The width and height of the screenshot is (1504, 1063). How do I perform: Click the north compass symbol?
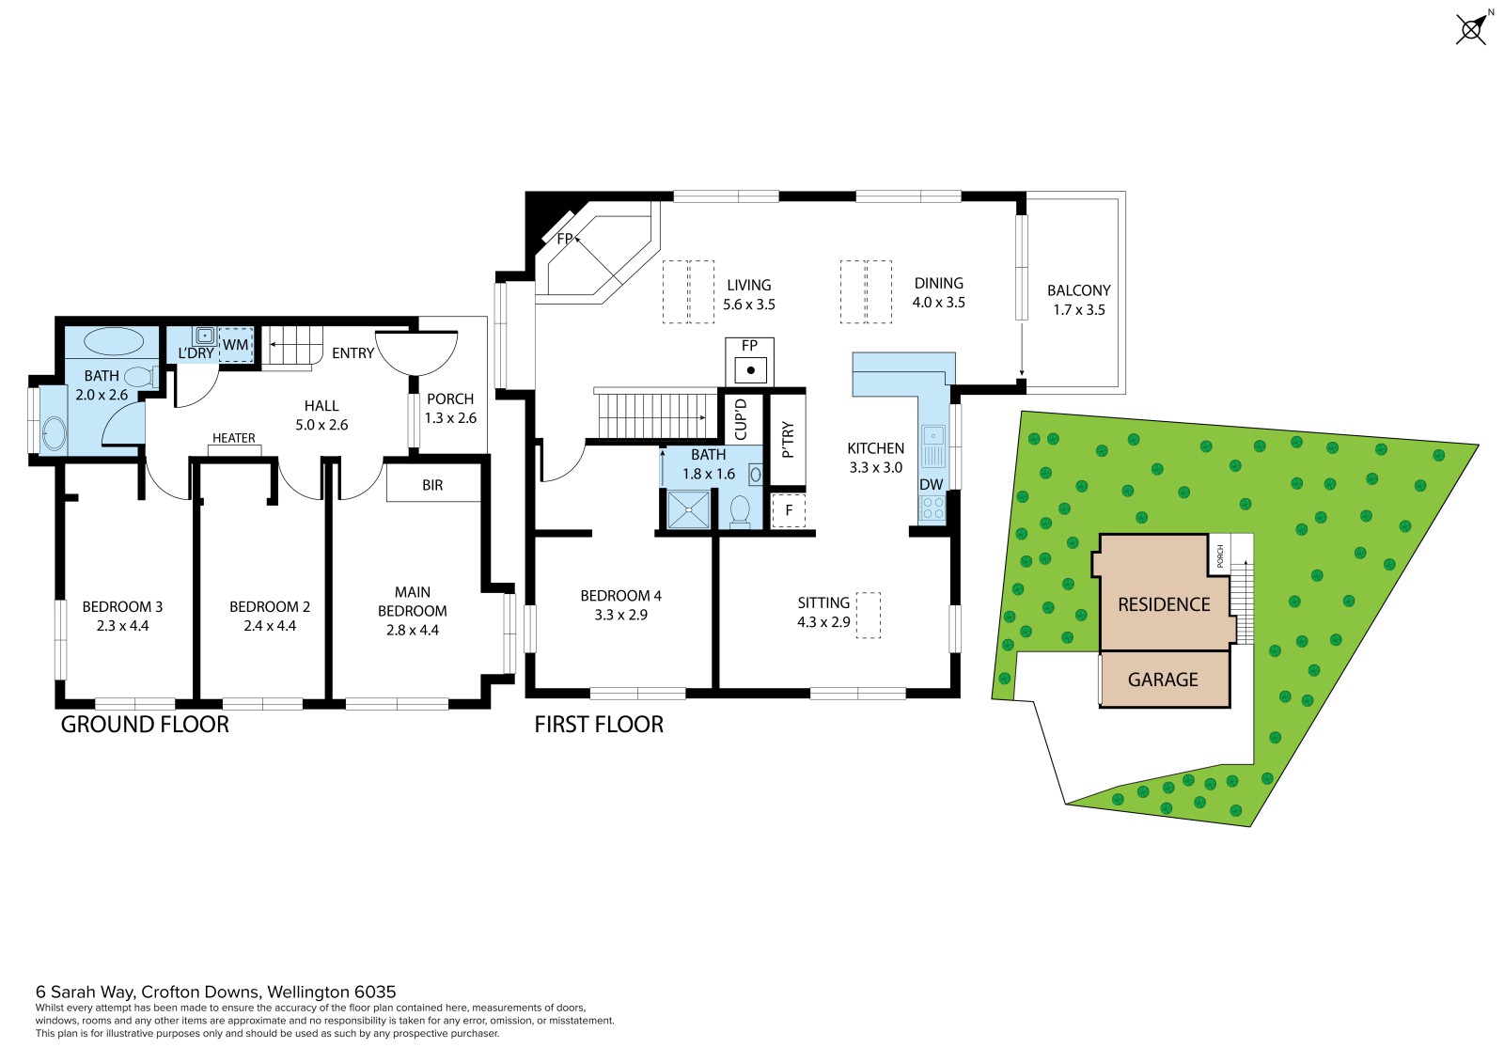[1472, 28]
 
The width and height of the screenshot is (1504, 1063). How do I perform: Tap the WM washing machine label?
[235, 345]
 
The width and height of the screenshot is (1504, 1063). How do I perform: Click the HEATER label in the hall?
[234, 438]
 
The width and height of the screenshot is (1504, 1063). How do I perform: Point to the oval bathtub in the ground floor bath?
[114, 341]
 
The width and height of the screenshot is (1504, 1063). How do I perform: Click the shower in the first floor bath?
[688, 509]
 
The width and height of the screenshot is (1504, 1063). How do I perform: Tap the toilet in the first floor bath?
[739, 511]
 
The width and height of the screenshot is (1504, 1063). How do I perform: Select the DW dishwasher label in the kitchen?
[932, 484]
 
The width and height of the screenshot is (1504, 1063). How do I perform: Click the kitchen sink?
[933, 446]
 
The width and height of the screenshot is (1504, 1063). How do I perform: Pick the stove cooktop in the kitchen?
[932, 508]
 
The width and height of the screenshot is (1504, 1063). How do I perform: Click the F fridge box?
[789, 510]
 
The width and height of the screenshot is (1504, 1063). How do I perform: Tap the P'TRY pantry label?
[789, 440]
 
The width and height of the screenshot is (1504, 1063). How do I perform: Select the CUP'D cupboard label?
[741, 420]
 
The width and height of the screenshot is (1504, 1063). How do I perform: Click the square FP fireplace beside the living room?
[750, 361]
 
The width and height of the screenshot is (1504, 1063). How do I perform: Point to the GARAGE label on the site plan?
[1163, 680]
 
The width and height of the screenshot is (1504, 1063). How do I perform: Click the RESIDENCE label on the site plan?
[1164, 604]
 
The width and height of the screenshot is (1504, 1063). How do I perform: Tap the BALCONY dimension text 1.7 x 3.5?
[1079, 310]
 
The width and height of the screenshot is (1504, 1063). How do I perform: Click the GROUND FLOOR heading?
[145, 725]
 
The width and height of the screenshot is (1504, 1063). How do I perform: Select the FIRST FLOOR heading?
[599, 725]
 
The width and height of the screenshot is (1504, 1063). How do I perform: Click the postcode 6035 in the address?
[375, 992]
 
